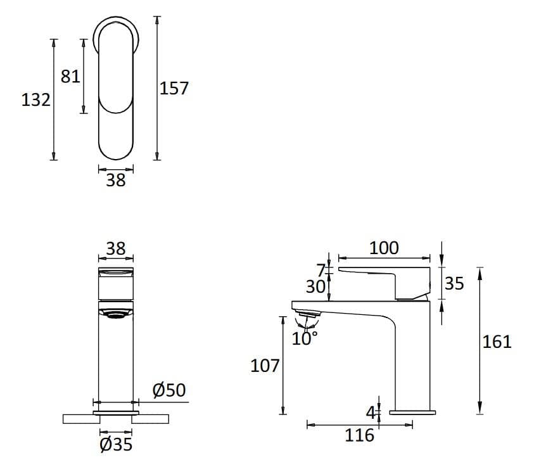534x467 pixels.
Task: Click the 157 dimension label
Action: coord(174,88)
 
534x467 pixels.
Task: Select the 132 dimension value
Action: coord(35,100)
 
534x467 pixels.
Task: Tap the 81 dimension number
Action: coord(70,76)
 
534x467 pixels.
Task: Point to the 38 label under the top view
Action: coord(116,181)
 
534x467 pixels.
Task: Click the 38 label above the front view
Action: coord(116,248)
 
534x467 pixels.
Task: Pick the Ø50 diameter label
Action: coord(169,390)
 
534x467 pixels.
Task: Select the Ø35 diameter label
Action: coord(116,445)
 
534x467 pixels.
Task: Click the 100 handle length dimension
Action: coord(384,248)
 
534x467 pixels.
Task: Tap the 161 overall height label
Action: coord(497,342)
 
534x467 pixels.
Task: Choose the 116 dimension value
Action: coord(359,435)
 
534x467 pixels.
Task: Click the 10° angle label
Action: coord(305,338)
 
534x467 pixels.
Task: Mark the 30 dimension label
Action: coord(315,287)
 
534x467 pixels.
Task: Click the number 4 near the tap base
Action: coord(371,413)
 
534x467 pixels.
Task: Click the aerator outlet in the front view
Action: coord(116,313)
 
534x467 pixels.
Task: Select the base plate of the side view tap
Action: coord(412,413)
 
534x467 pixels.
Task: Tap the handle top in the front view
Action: coord(116,273)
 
